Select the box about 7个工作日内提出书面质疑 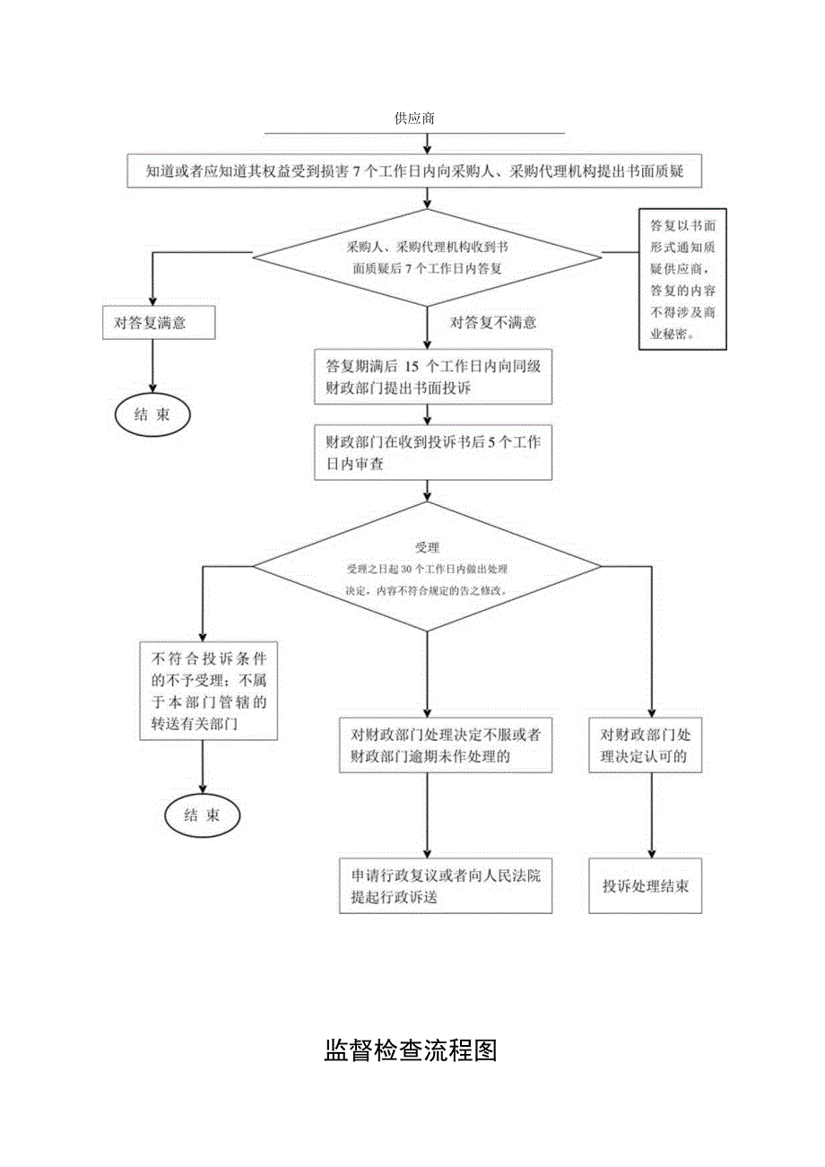415,171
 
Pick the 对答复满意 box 159,323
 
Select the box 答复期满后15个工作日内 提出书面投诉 431,377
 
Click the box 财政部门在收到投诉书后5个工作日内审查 431,454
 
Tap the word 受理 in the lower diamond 427,547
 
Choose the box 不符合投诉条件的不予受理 207,690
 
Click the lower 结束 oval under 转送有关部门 202,815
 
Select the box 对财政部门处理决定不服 445,745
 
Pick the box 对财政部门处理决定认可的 645,745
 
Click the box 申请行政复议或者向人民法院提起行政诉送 445,886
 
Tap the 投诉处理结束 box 645,886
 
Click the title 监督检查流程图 411,1050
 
